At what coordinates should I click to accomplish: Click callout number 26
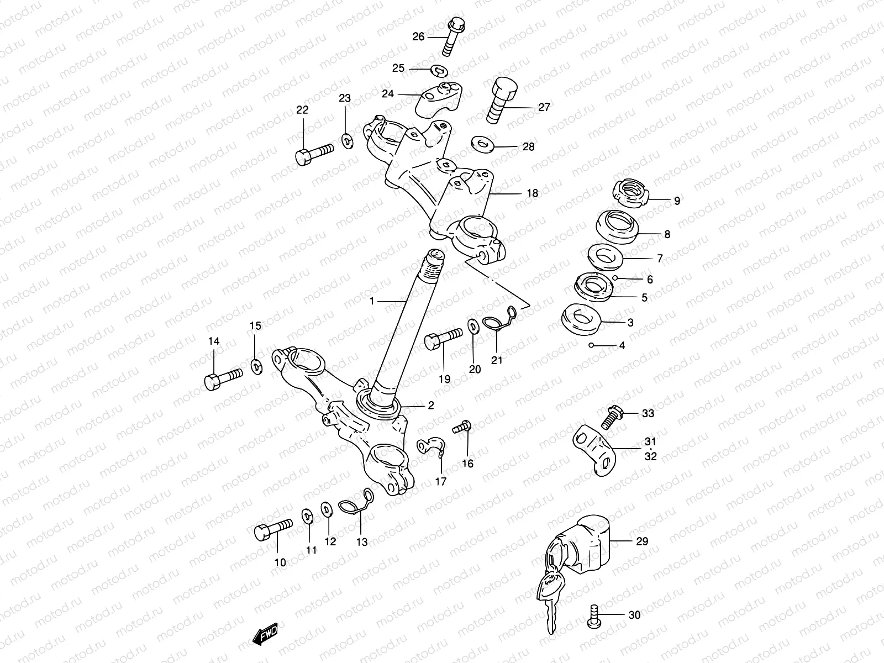[x=418, y=36]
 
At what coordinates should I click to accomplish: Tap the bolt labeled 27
[x=500, y=101]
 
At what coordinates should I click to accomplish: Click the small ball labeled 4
[x=591, y=346]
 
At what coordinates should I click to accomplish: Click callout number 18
[x=532, y=193]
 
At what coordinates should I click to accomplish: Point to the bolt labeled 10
[x=272, y=529]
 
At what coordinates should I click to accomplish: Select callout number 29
[x=641, y=541]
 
